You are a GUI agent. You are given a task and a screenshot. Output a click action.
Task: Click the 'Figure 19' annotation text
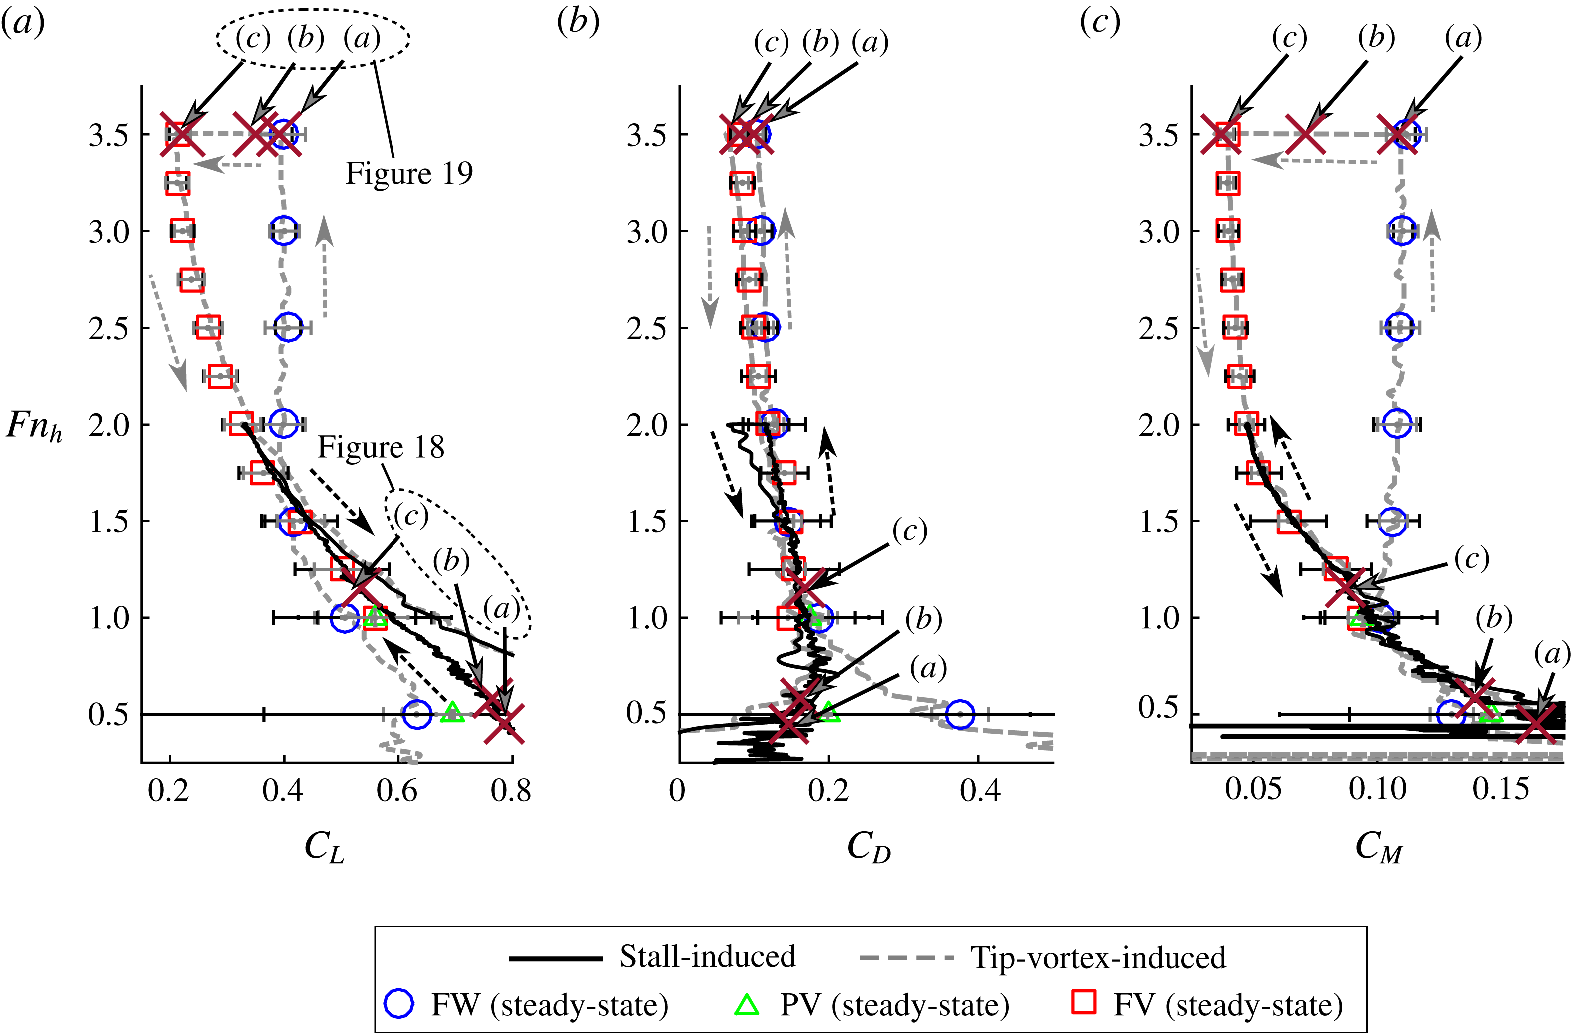pos(409,174)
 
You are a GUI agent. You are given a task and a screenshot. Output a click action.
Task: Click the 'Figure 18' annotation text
pos(381,448)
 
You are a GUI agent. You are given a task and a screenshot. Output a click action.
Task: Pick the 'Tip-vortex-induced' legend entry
pos(1098,957)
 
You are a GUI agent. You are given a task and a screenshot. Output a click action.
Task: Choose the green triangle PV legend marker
pos(747,1005)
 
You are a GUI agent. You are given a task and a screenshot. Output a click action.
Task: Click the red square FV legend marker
pos(1083,1003)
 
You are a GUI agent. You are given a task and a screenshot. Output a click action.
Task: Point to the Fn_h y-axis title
pos(34,426)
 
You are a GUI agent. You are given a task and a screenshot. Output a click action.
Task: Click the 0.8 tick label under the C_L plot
pos(510,790)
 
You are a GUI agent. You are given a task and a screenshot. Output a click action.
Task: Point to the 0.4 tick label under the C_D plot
pos(980,790)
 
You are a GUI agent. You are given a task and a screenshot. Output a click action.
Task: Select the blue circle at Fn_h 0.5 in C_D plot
pos(960,714)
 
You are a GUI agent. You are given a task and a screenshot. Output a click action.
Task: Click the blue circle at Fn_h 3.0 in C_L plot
pos(283,231)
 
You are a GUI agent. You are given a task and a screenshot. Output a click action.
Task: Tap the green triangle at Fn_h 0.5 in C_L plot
pos(452,712)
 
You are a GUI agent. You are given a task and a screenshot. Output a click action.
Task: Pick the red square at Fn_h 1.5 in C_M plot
pos(1289,521)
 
